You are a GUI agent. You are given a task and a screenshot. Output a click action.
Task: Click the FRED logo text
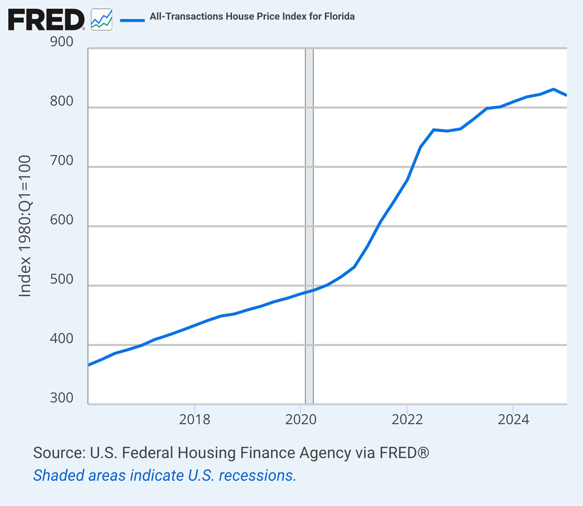click(46, 20)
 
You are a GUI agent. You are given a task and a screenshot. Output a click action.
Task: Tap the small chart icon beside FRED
click(102, 20)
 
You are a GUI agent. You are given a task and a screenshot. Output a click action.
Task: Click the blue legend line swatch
click(132, 20)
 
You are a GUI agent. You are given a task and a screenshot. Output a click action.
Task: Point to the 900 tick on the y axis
click(62, 42)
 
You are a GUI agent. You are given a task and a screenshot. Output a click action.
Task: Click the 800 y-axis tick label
click(62, 101)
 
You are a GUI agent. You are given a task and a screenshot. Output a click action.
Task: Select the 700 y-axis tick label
click(62, 160)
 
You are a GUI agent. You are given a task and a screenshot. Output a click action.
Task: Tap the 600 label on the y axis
click(62, 220)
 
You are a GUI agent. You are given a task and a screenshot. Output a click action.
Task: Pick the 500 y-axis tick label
click(62, 279)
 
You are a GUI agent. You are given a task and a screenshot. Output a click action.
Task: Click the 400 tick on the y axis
click(62, 339)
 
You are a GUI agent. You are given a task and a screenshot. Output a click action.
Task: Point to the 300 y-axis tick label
click(62, 398)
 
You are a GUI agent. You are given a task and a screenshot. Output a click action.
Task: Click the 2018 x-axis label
click(194, 419)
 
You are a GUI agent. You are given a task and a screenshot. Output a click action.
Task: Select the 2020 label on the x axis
click(301, 419)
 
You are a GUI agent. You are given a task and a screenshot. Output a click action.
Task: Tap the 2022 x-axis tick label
click(407, 419)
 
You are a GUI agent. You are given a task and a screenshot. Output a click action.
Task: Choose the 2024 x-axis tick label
click(513, 419)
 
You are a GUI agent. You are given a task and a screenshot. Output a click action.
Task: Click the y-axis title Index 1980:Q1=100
click(25, 226)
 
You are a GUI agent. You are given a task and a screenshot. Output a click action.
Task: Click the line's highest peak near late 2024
click(553, 89)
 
